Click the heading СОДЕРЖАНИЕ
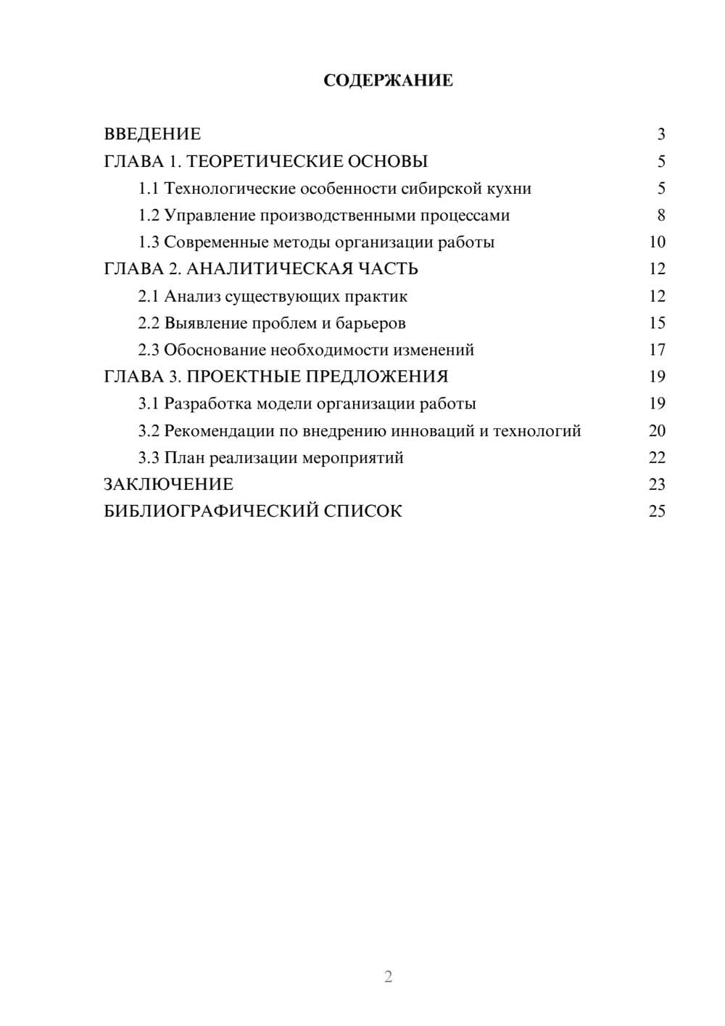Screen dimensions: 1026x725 pyautogui.click(x=388, y=81)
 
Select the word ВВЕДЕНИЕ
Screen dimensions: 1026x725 pyautogui.click(x=152, y=134)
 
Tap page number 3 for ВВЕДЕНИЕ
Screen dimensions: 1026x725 pyautogui.click(x=660, y=134)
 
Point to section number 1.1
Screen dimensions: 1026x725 pyautogui.click(x=148, y=189)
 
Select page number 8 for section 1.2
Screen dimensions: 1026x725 pyautogui.click(x=660, y=216)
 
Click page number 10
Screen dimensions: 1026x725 pyautogui.click(x=657, y=242)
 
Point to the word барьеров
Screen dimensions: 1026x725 pyautogui.click(x=370, y=323)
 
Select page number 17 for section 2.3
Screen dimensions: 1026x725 pyautogui.click(x=657, y=350)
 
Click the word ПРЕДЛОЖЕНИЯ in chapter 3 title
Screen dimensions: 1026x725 pyautogui.click(x=377, y=377)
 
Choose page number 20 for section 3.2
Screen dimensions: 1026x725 pyautogui.click(x=657, y=431)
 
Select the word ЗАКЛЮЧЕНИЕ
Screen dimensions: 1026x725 pyautogui.click(x=168, y=485)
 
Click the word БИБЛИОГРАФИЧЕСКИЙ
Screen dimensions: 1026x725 pyautogui.click(x=210, y=512)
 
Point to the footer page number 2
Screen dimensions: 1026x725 pyautogui.click(x=388, y=977)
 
